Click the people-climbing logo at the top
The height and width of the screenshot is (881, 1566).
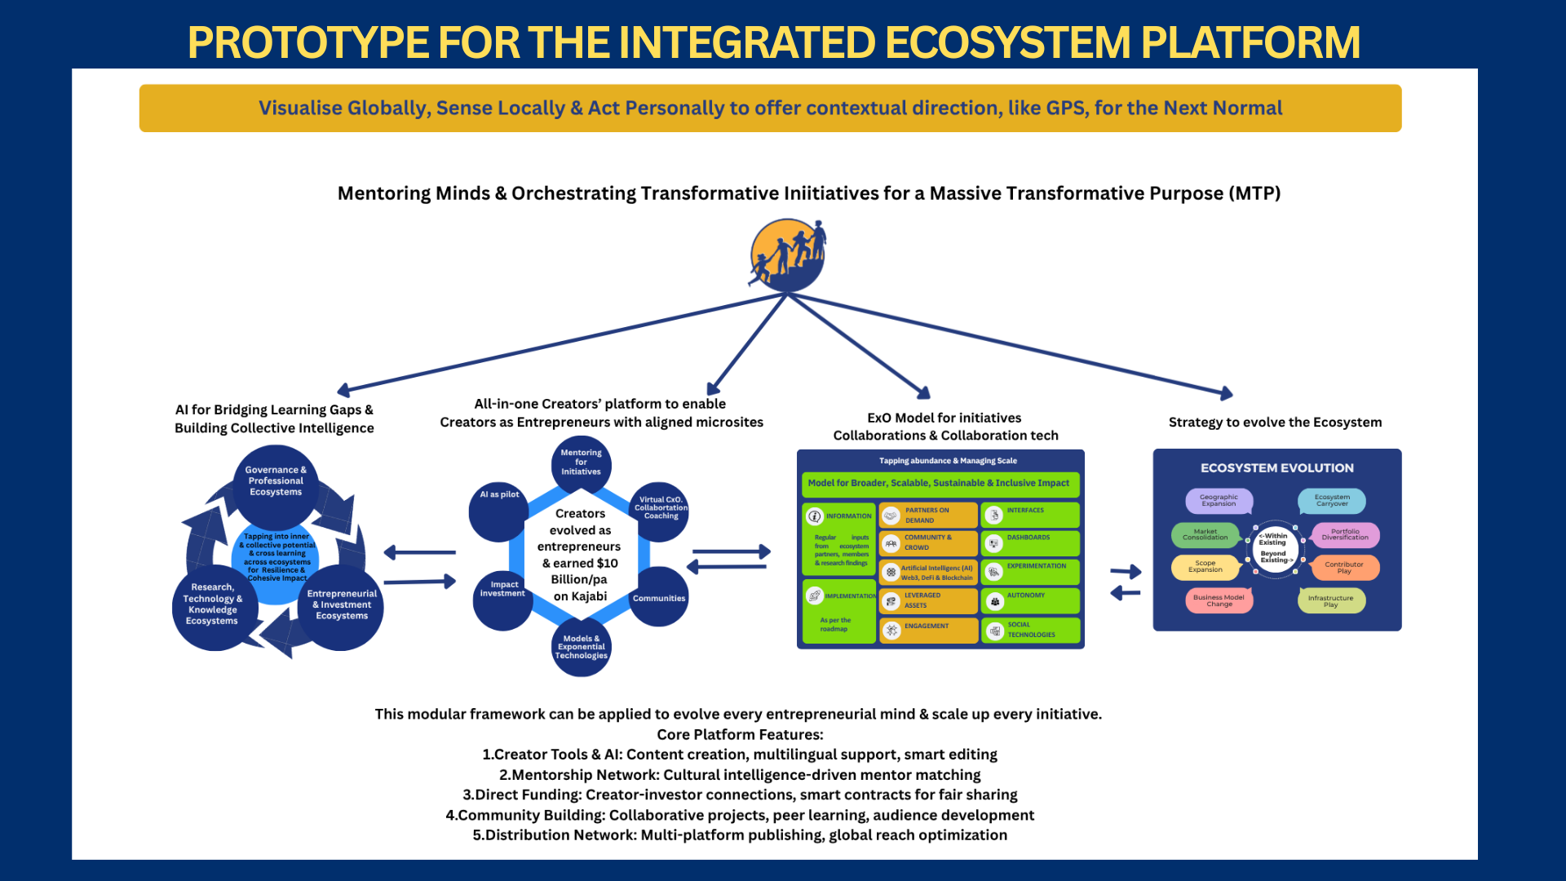[788, 255]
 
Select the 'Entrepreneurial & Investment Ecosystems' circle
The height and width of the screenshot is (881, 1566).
[342, 605]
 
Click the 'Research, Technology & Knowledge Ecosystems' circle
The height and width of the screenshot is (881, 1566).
[213, 604]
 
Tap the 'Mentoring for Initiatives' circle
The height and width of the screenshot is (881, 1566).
[581, 463]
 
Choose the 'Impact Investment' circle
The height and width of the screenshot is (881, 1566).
[502, 598]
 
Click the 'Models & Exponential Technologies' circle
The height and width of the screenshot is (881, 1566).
[581, 648]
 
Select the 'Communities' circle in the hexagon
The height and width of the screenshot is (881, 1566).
[659, 598]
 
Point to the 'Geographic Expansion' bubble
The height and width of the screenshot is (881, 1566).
[1219, 501]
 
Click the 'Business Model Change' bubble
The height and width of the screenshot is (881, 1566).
[1219, 601]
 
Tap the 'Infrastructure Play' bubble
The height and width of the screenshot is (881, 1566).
[1331, 601]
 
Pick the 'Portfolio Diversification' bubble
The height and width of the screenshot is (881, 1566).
[1345, 535]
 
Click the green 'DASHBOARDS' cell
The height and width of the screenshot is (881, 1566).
[1030, 542]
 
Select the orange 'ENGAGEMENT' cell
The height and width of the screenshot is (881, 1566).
[928, 630]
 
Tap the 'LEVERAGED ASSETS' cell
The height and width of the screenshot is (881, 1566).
[928, 600]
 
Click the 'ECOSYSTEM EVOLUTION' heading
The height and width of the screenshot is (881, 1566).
[1276, 468]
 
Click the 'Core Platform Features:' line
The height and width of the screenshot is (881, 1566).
[740, 734]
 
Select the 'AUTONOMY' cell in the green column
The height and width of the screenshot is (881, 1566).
[1030, 600]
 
